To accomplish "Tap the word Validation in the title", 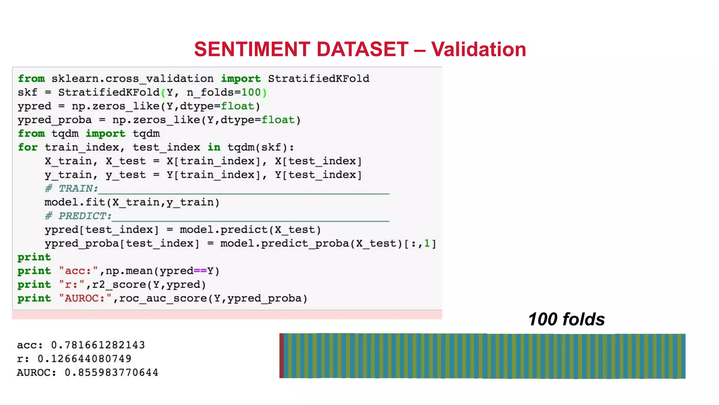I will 479,49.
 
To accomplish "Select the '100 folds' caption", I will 566,319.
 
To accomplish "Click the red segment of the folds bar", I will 282,356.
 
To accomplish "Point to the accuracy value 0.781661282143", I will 98,345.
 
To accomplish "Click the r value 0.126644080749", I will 84,359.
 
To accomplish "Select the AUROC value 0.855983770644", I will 111,372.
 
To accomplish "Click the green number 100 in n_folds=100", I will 251,92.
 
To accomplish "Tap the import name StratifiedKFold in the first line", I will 318,79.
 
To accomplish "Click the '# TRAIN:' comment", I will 72,189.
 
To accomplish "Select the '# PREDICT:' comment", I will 78,216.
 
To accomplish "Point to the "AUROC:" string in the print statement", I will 85,298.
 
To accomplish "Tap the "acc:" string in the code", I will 78,271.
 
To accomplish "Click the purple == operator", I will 200,271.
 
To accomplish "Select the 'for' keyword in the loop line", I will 28,147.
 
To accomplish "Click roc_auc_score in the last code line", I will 163,298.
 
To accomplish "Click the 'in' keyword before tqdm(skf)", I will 214,147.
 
